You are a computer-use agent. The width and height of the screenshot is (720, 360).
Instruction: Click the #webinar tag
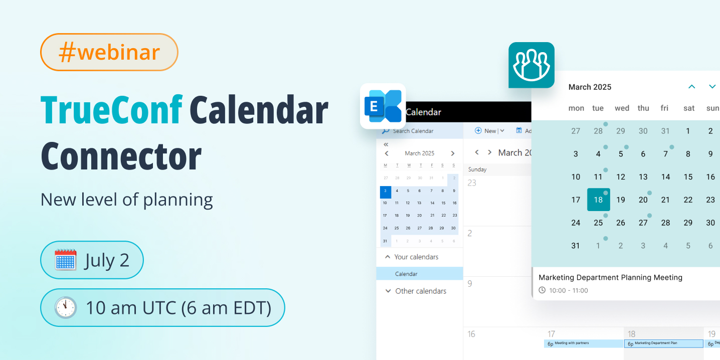pyautogui.click(x=109, y=52)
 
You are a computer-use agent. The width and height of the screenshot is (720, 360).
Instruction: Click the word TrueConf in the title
pyautogui.click(x=111, y=110)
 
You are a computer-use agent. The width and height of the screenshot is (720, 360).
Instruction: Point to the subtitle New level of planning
pyautogui.click(x=126, y=200)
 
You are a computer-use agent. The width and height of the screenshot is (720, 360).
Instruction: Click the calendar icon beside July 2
pyautogui.click(x=66, y=260)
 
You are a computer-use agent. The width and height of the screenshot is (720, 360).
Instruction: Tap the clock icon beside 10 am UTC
pyautogui.click(x=66, y=307)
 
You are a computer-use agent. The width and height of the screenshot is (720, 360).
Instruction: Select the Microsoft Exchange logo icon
pyautogui.click(x=383, y=106)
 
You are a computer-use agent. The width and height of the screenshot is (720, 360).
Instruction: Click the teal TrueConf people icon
pyautogui.click(x=531, y=65)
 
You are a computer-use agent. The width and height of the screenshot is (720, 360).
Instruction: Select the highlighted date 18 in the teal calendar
pyautogui.click(x=598, y=200)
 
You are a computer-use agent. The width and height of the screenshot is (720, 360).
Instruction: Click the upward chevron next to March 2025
pyautogui.click(x=692, y=87)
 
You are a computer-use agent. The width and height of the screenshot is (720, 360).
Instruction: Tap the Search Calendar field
pyautogui.click(x=413, y=131)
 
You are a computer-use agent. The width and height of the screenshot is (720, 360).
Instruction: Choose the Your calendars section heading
pyautogui.click(x=416, y=257)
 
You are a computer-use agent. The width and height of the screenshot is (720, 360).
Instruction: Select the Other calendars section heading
pyautogui.click(x=420, y=291)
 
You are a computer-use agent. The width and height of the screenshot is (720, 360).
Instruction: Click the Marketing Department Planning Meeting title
pyautogui.click(x=610, y=277)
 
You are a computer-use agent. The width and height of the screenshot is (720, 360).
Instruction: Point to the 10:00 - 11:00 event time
pyautogui.click(x=568, y=290)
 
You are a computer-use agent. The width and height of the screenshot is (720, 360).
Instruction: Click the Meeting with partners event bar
pyautogui.click(x=583, y=343)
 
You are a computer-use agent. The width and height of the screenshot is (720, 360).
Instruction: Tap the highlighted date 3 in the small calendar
pyautogui.click(x=386, y=191)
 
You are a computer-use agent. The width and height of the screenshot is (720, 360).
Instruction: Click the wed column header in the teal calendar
pyautogui.click(x=622, y=108)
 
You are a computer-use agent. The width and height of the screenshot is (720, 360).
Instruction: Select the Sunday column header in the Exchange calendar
pyautogui.click(x=477, y=169)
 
